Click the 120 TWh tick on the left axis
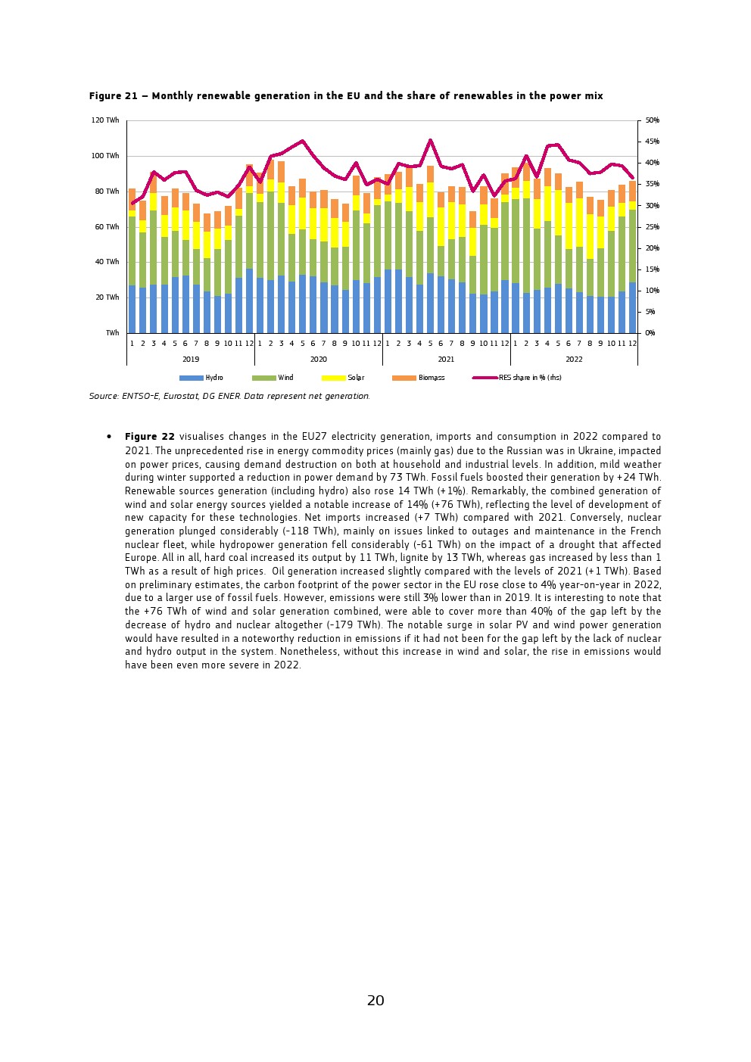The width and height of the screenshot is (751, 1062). click(106, 120)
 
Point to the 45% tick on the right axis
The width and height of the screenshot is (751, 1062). click(651, 142)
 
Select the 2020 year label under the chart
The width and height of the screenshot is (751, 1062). click(318, 359)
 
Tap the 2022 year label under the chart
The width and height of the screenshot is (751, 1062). click(574, 359)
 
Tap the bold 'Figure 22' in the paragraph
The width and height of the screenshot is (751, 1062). click(150, 437)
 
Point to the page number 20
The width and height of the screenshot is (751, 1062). click(375, 1001)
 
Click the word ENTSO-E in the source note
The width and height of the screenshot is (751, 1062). click(141, 396)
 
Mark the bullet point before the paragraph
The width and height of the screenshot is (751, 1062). click(109, 437)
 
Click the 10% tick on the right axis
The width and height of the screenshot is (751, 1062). click(651, 291)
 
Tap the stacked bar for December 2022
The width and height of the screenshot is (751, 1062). click(632, 257)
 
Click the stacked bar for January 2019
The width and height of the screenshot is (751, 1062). click(132, 261)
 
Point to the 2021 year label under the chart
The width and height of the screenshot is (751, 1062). click(446, 359)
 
